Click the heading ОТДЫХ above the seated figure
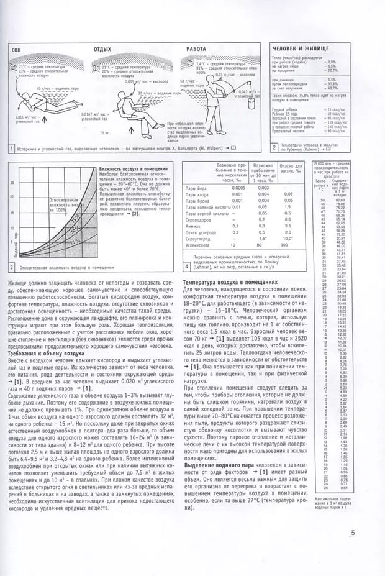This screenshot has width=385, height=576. (x=102, y=48)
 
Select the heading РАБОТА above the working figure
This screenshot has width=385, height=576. (x=196, y=48)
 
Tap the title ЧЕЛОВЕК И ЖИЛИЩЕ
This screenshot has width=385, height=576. (x=301, y=48)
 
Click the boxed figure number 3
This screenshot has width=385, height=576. (x=12, y=268)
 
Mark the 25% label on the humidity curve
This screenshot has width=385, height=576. (x=75, y=242)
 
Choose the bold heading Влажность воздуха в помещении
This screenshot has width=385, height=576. (x=129, y=170)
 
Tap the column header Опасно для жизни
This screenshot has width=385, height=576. (x=290, y=169)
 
